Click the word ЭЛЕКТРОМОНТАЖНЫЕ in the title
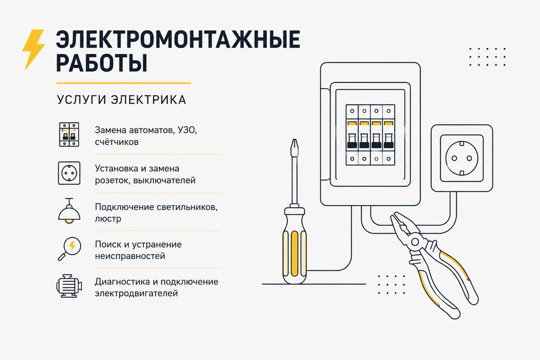click(178, 39)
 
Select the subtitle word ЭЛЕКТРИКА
click(148, 100)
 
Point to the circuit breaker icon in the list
click(69, 134)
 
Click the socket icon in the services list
click(69, 173)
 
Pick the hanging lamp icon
click(69, 211)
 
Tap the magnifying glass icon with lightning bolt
click(69, 248)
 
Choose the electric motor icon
click(69, 286)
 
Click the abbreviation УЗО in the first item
click(186, 131)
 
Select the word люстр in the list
click(108, 219)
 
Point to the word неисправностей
click(130, 256)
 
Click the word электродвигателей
click(137, 294)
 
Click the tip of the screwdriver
click(294, 140)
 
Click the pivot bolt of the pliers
click(415, 242)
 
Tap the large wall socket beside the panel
click(462, 158)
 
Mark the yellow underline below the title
click(124, 83)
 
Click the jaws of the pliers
click(401, 223)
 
